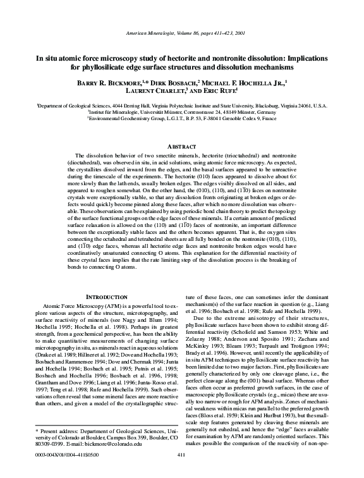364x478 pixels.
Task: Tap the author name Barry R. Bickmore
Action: point(95,83)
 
